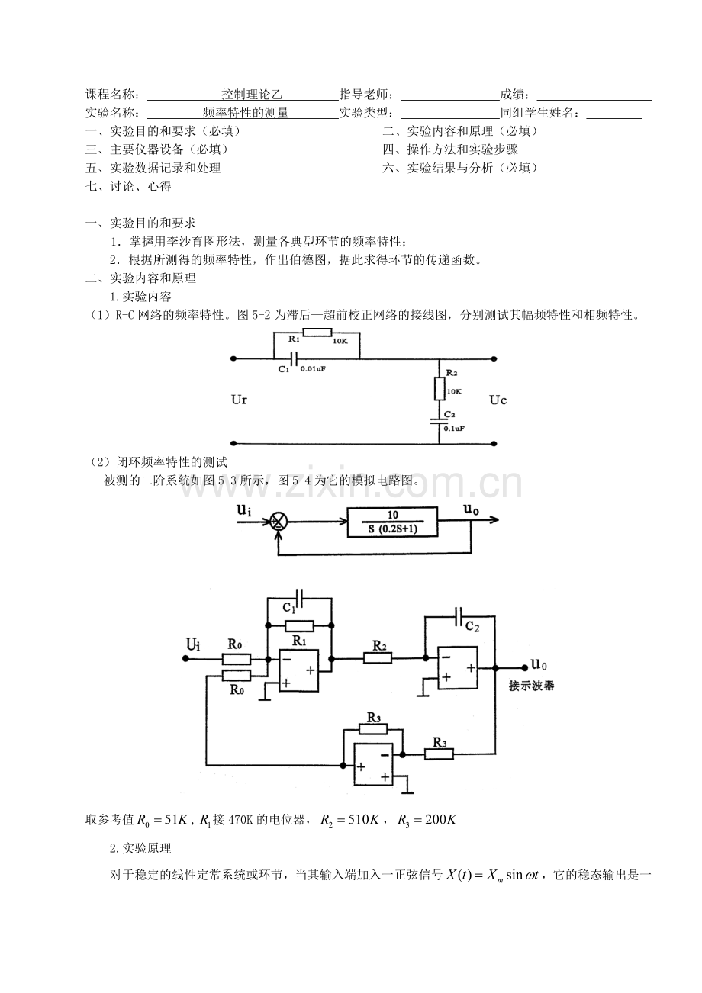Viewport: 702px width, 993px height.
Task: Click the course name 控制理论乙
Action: pos(252,94)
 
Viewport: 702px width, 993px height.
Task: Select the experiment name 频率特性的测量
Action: pos(246,113)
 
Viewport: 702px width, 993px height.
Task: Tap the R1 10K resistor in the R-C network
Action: pos(317,333)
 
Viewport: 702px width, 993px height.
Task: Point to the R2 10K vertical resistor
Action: pos(439,389)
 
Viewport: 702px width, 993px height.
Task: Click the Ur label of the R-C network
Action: pos(239,400)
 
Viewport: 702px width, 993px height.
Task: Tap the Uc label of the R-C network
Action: pos(498,400)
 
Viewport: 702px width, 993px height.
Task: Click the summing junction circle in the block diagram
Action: pos(279,522)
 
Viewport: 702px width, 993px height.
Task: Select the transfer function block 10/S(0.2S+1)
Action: pos(392,522)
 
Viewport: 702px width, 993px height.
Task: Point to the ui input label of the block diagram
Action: pos(244,509)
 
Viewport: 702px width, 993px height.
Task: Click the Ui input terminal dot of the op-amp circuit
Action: pos(185,659)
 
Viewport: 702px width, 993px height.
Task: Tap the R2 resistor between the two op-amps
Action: pos(378,659)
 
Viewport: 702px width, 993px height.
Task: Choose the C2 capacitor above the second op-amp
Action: pos(459,616)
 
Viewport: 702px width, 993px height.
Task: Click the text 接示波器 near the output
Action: pos(531,686)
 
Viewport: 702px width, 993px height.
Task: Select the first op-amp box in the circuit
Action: pos(299,670)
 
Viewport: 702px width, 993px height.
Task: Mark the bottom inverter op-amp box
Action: pos(373,764)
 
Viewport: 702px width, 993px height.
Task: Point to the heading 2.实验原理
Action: pos(140,849)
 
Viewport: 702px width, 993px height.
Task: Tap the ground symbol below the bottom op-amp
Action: pos(407,792)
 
